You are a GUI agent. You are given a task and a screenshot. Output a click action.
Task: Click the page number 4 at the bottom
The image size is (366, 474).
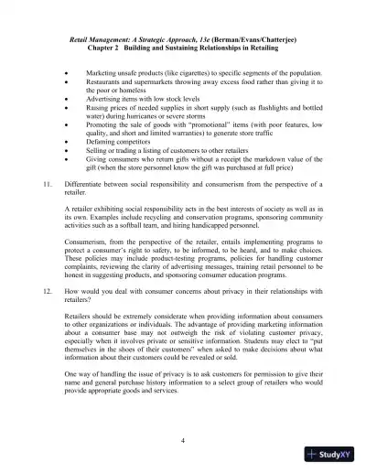tap(183, 441)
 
